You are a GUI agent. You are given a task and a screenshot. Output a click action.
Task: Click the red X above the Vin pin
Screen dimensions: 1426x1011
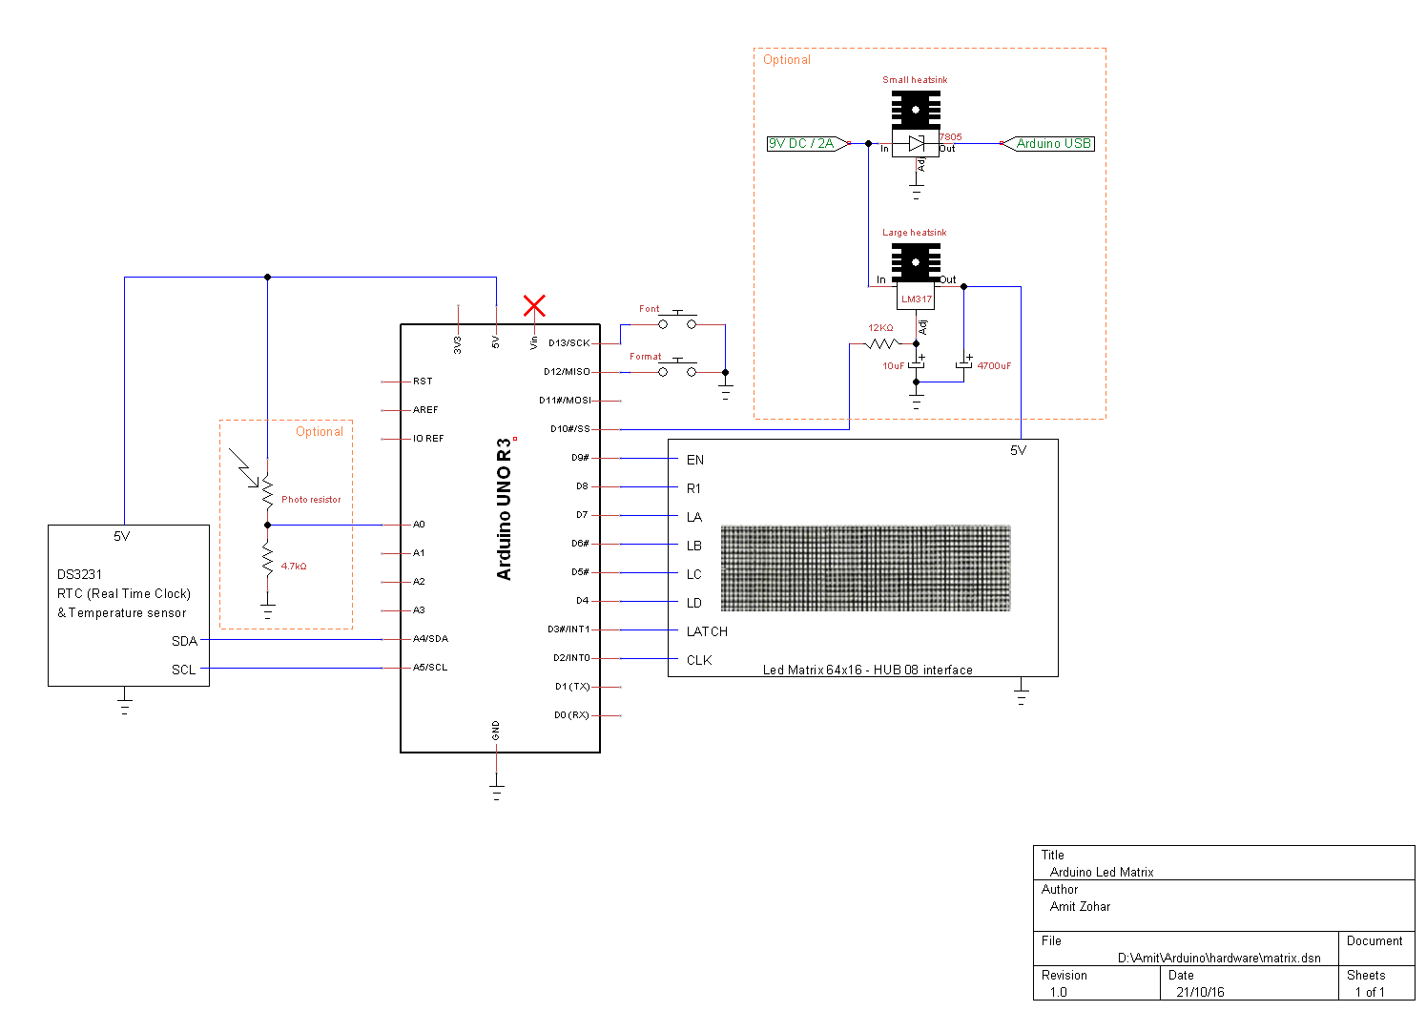coord(534,305)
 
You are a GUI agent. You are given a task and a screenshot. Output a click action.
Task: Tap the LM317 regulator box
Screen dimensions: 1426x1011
coord(916,298)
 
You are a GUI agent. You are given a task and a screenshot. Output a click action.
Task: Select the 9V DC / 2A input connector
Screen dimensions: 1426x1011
coord(808,144)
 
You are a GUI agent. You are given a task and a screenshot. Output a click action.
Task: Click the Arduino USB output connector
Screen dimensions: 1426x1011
coord(1047,144)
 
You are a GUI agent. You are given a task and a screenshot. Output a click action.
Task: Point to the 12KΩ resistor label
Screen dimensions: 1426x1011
coord(880,328)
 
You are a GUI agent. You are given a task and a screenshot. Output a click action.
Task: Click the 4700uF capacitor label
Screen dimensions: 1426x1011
coord(994,366)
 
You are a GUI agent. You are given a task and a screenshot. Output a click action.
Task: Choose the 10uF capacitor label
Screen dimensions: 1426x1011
coord(893,366)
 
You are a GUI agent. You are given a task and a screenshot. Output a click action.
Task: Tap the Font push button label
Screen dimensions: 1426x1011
coord(649,309)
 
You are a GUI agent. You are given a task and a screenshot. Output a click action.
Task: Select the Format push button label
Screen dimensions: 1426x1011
coord(645,357)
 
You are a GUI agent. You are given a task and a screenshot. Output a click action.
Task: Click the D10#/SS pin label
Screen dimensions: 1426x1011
coord(569,429)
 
